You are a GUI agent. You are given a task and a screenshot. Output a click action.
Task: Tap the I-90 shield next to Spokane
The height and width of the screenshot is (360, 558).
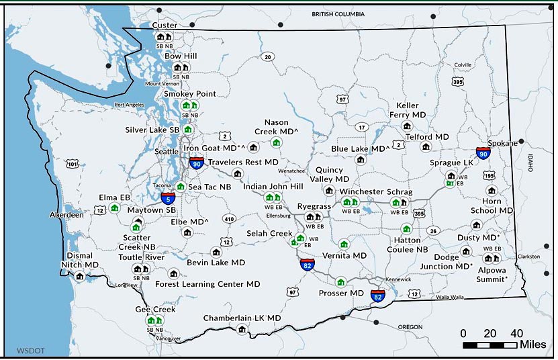(x=483, y=153)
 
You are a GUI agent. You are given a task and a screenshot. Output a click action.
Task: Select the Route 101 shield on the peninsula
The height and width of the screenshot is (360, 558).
(x=72, y=163)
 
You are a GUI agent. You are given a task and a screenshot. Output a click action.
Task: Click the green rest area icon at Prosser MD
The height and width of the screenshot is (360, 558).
(x=340, y=281)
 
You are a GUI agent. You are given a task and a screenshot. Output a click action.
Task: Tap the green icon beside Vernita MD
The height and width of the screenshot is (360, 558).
(x=344, y=244)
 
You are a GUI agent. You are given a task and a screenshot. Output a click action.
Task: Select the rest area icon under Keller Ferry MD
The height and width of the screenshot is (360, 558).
(x=406, y=126)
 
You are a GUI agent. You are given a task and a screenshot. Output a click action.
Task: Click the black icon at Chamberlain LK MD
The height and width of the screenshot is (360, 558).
(x=242, y=328)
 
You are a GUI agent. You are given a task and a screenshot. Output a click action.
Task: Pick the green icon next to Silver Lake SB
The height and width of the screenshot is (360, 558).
(x=188, y=129)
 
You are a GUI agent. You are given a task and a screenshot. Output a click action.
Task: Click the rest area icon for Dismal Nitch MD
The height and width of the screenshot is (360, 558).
(x=80, y=276)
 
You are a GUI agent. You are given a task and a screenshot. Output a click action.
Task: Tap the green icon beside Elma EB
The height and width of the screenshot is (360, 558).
(x=115, y=208)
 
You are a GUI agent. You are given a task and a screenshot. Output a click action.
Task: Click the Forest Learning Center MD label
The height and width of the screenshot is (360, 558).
(x=207, y=284)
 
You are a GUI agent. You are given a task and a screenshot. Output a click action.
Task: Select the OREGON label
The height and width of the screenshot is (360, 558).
(x=410, y=326)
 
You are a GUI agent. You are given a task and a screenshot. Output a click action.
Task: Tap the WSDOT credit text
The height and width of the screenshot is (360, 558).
(x=29, y=350)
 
